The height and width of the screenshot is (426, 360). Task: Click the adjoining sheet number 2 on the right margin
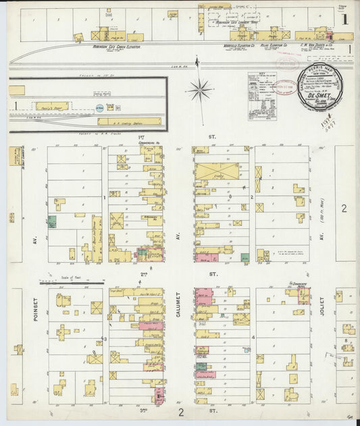343,209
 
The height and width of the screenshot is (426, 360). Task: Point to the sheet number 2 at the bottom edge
181,411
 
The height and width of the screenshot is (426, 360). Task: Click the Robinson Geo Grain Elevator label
116,47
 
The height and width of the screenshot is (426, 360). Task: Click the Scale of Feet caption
65,279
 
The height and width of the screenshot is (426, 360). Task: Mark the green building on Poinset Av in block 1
52,221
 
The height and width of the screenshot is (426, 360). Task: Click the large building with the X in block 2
217,171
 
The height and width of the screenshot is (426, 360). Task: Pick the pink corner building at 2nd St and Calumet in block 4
203,296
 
